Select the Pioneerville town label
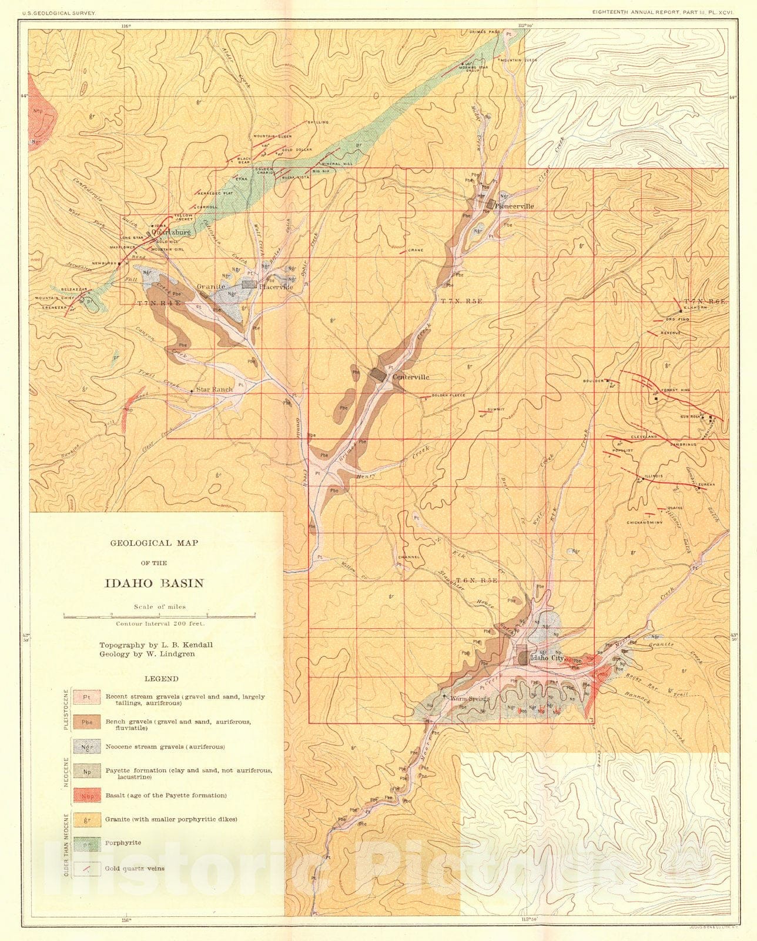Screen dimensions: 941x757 click(x=514, y=206)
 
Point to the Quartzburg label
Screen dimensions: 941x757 click(x=171, y=232)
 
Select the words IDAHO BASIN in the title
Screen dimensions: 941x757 click(x=154, y=583)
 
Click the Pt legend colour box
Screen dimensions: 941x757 click(x=86, y=698)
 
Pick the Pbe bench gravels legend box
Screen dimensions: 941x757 click(x=86, y=722)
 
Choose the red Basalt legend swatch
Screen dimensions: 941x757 click(x=86, y=795)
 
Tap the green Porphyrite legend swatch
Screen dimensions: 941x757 click(x=86, y=843)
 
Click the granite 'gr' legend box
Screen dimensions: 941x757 click(x=86, y=819)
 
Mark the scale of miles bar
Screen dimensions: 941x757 click(x=159, y=615)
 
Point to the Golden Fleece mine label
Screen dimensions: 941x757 click(x=448, y=396)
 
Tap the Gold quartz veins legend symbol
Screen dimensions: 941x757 click(x=86, y=868)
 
